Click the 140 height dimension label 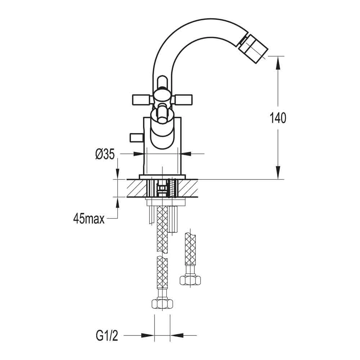(278, 118)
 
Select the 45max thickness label (89, 218)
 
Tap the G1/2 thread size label (107, 336)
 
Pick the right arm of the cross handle (183, 98)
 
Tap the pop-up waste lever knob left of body (136, 137)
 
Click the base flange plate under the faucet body (162, 176)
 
